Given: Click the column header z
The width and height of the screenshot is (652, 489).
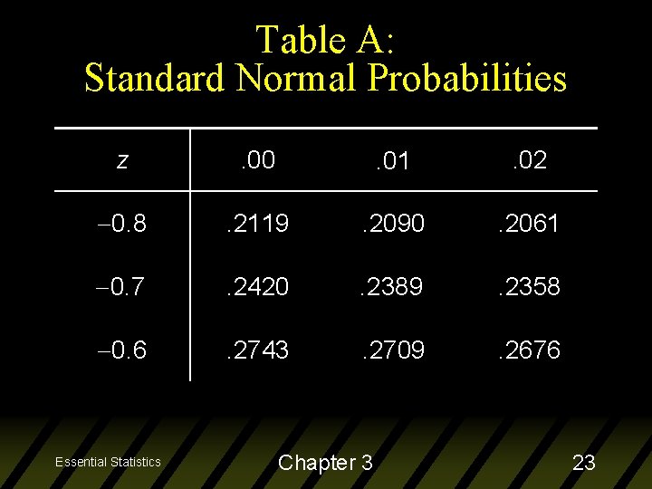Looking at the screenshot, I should [122, 162].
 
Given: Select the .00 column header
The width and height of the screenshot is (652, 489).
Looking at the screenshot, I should [258, 160].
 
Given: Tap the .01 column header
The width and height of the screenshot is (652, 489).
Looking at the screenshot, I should [393, 162].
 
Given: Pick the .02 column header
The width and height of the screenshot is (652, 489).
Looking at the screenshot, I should [530, 160].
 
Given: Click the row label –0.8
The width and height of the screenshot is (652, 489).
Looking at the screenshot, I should [122, 224].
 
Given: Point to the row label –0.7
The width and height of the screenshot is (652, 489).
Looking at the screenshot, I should [122, 287].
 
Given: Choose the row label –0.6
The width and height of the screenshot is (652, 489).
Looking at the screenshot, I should [122, 350].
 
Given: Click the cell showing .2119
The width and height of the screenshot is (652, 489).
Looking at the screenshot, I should [258, 224].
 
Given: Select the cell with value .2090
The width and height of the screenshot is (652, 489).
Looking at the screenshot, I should [393, 224].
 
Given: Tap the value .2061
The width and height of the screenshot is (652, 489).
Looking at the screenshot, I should [530, 224].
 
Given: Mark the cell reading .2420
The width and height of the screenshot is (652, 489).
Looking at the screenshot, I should [258, 287].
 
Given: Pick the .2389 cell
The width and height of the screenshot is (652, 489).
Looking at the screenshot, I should [393, 287].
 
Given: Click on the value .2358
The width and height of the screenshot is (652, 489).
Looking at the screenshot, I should [530, 287].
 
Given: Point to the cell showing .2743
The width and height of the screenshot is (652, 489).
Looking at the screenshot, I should [258, 350].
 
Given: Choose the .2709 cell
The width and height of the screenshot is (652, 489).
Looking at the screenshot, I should [393, 350].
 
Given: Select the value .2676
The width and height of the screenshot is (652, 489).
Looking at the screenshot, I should [530, 350].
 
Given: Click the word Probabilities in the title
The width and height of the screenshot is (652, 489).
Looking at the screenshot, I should [467, 79].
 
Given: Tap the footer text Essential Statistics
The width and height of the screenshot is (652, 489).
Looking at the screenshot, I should [108, 462].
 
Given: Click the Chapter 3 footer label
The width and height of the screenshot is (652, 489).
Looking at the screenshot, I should [325, 463].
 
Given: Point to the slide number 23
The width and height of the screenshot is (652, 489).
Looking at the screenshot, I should [584, 463].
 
